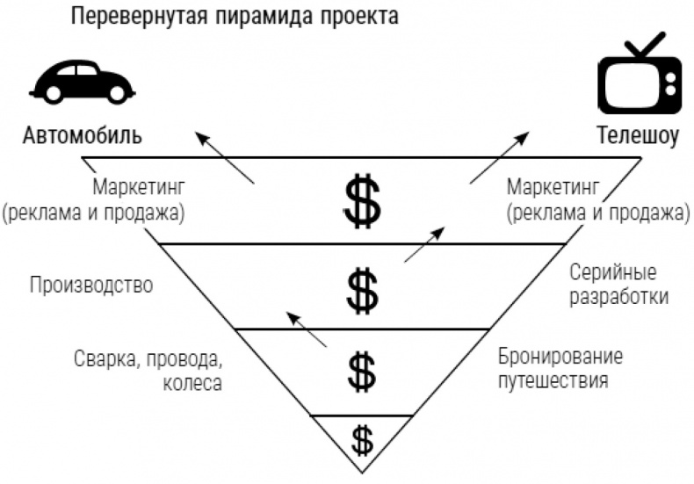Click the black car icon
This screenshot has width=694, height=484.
pyautogui.click(x=82, y=82)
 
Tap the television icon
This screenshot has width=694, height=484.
pyautogui.click(x=640, y=75)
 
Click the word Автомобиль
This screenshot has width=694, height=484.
pyautogui.click(x=83, y=135)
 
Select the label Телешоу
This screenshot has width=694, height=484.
pyautogui.click(x=638, y=135)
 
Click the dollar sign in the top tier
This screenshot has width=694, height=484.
pyautogui.click(x=362, y=201)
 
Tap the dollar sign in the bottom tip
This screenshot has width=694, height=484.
pyautogui.click(x=362, y=440)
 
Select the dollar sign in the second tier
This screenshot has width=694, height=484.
pyautogui.click(x=362, y=291)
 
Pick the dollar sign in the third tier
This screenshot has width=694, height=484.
pyautogui.click(x=362, y=372)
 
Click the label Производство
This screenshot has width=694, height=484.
pyautogui.click(x=91, y=285)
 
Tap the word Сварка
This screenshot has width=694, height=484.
pyautogui.click(x=105, y=359)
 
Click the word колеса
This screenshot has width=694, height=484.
pyautogui.click(x=192, y=383)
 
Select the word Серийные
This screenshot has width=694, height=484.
pyautogui.click(x=612, y=272)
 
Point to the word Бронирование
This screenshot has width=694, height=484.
pyautogui.click(x=560, y=356)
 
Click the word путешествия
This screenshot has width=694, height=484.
pyautogui.click(x=553, y=380)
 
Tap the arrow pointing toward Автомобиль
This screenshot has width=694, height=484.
pyautogui.click(x=225, y=157)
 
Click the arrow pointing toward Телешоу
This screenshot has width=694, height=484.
pyautogui.click(x=500, y=157)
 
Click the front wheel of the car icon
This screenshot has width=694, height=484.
pyautogui.click(x=53, y=93)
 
